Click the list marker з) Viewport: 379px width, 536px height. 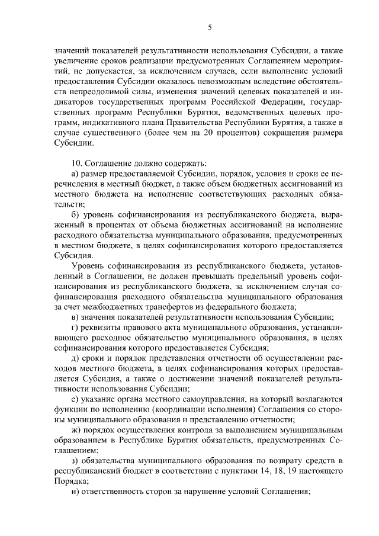point(75,460)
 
